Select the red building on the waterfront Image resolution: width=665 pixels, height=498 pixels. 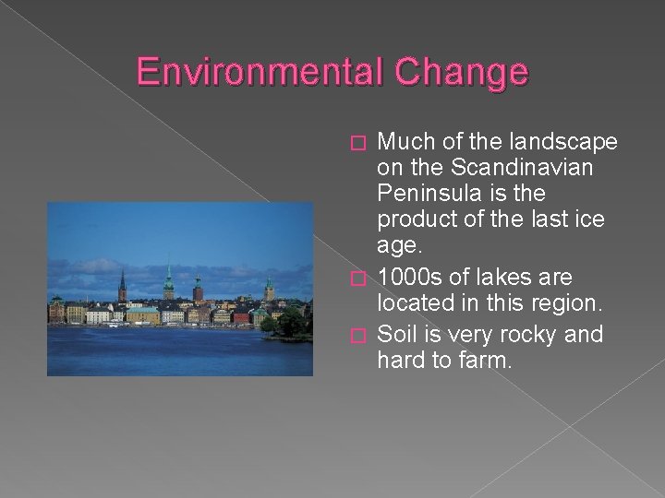coord(242,316)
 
